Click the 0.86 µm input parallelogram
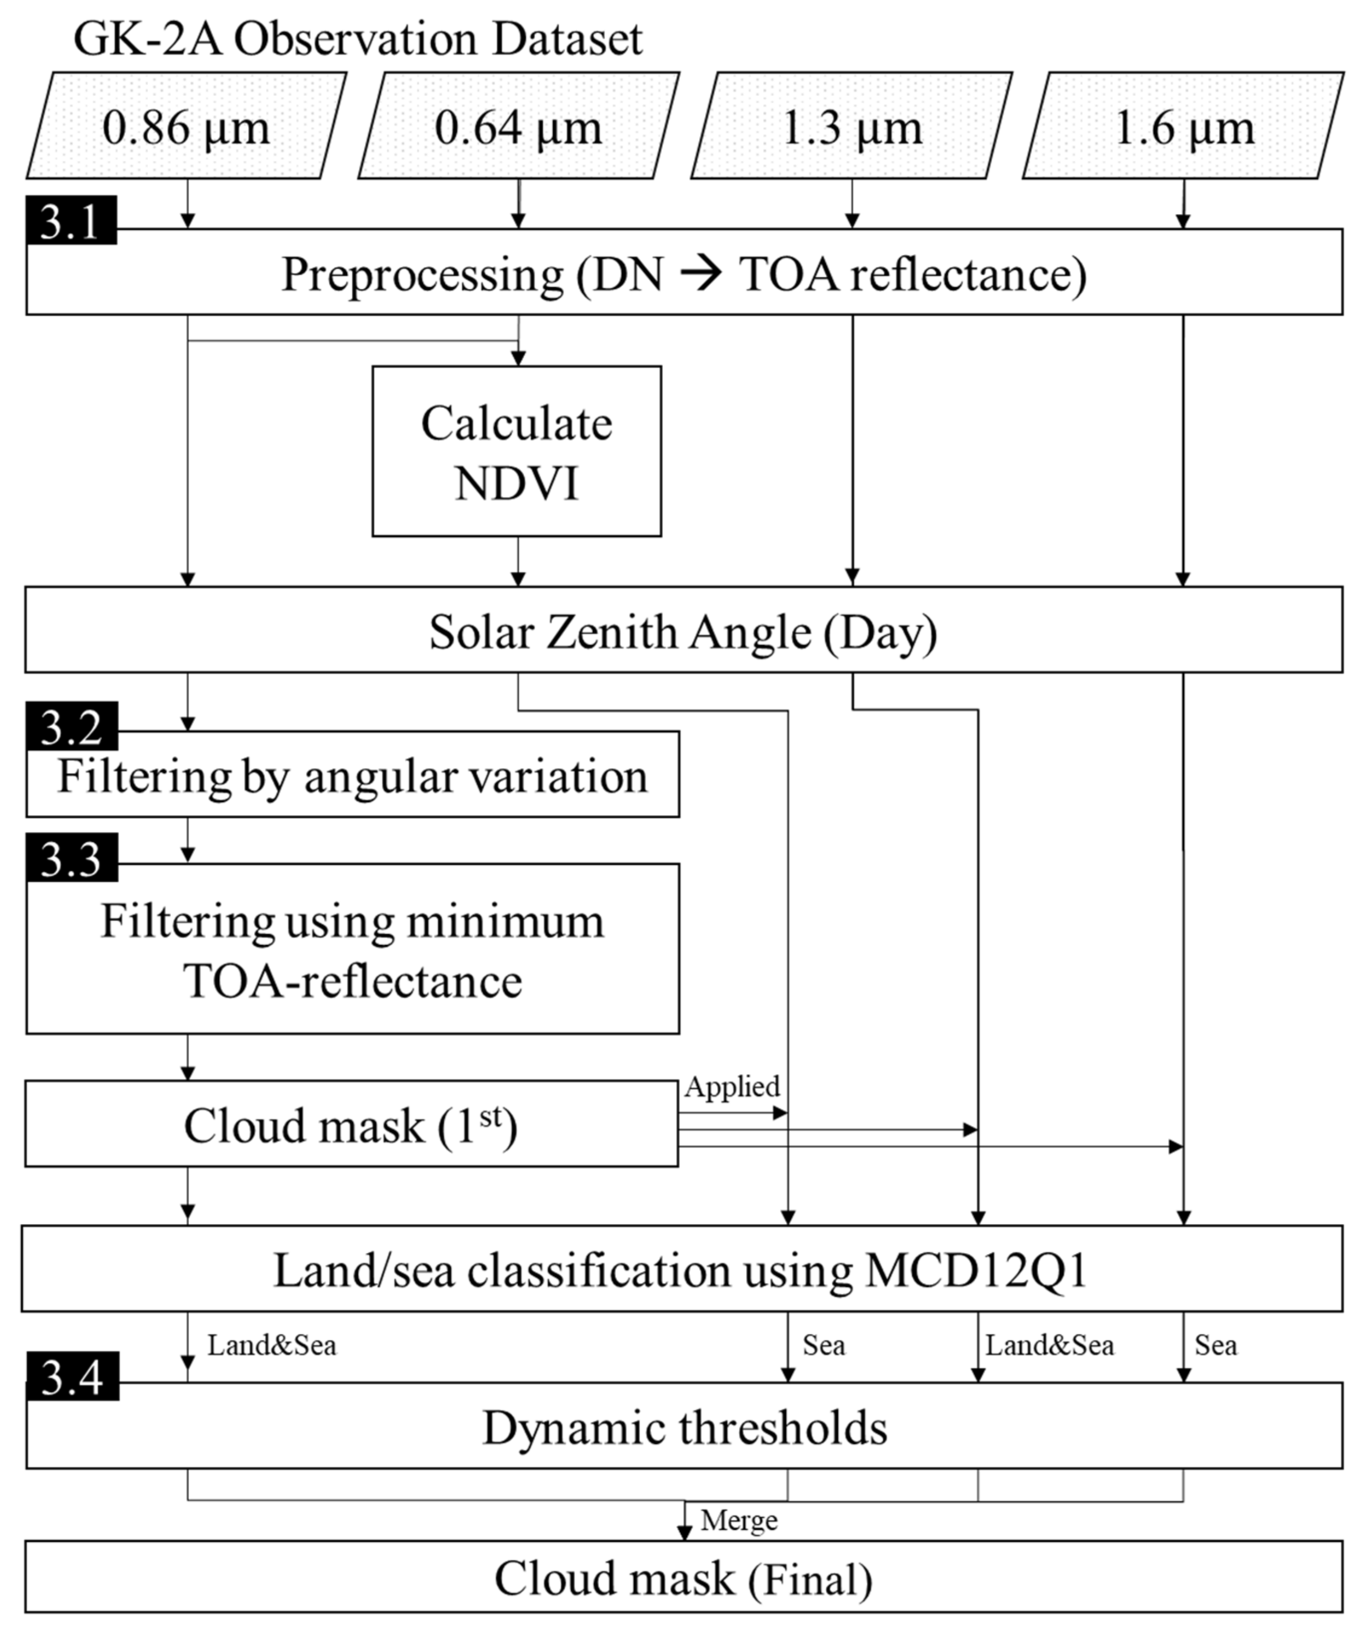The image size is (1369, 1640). point(186,126)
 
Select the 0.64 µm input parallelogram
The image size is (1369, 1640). point(518,126)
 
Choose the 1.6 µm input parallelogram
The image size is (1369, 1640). point(1183,126)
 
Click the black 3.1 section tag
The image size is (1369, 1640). point(71,221)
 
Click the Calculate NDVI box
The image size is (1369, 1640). point(516,451)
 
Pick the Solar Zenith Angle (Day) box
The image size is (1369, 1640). point(684,631)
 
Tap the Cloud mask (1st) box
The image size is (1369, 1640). point(351,1125)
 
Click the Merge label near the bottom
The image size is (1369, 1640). point(739,1520)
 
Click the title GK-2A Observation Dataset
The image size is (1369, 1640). point(358,39)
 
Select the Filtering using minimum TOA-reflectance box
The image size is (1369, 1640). point(352,950)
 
